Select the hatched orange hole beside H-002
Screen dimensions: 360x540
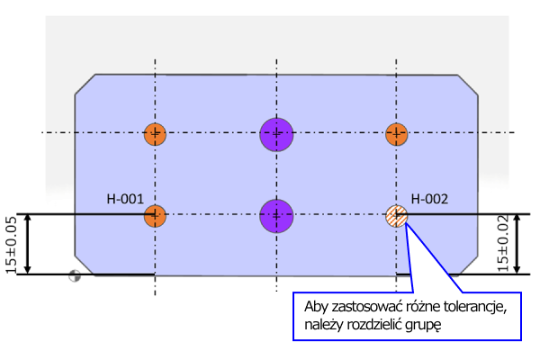coord(396,215)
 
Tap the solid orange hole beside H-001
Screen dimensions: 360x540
coord(156,215)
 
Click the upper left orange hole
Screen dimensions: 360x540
coord(156,134)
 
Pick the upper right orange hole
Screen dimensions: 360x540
coord(397,134)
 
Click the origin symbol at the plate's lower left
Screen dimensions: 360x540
coord(75,277)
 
